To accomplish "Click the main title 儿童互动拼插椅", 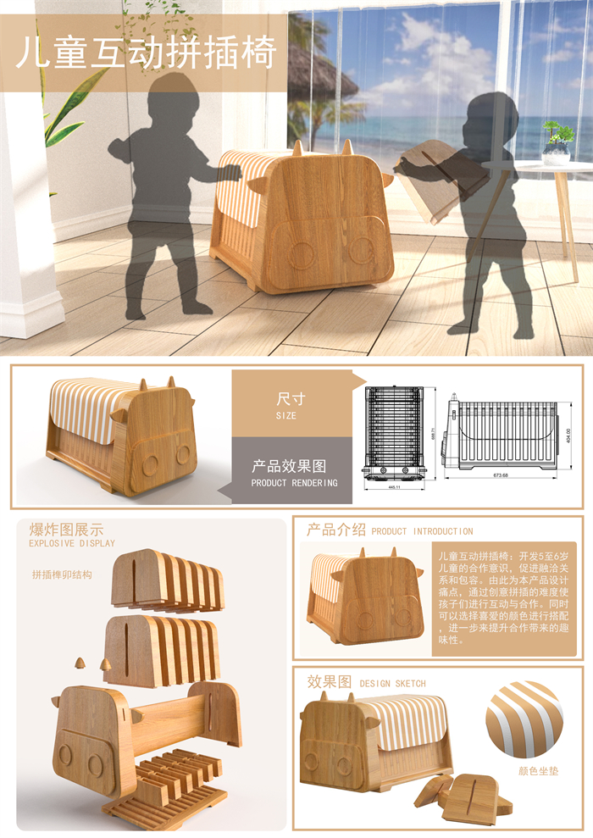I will coord(147,53).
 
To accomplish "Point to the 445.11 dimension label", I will coord(393,487).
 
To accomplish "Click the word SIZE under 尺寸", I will coord(285,417).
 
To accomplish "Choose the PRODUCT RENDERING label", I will coord(294,483).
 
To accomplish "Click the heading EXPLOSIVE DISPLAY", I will coord(71,543).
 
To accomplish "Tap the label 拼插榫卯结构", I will coord(62,574).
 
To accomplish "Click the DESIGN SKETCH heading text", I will coord(392,683).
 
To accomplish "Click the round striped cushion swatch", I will coord(524,719).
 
